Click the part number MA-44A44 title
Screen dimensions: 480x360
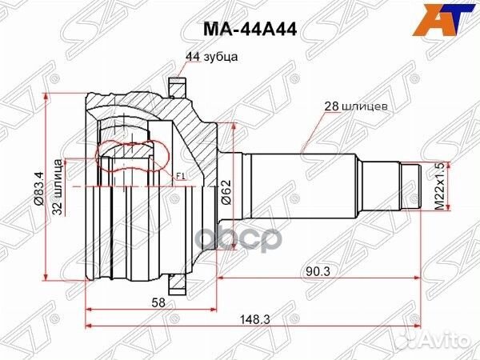tap(250, 30)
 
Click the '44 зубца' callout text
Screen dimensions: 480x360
tap(211, 57)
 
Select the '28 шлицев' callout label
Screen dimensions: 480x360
tap(356, 106)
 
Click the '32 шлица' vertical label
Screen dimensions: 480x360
tap(58, 187)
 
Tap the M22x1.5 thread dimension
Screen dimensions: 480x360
tap(439, 186)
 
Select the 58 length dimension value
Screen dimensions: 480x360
tap(158, 302)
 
